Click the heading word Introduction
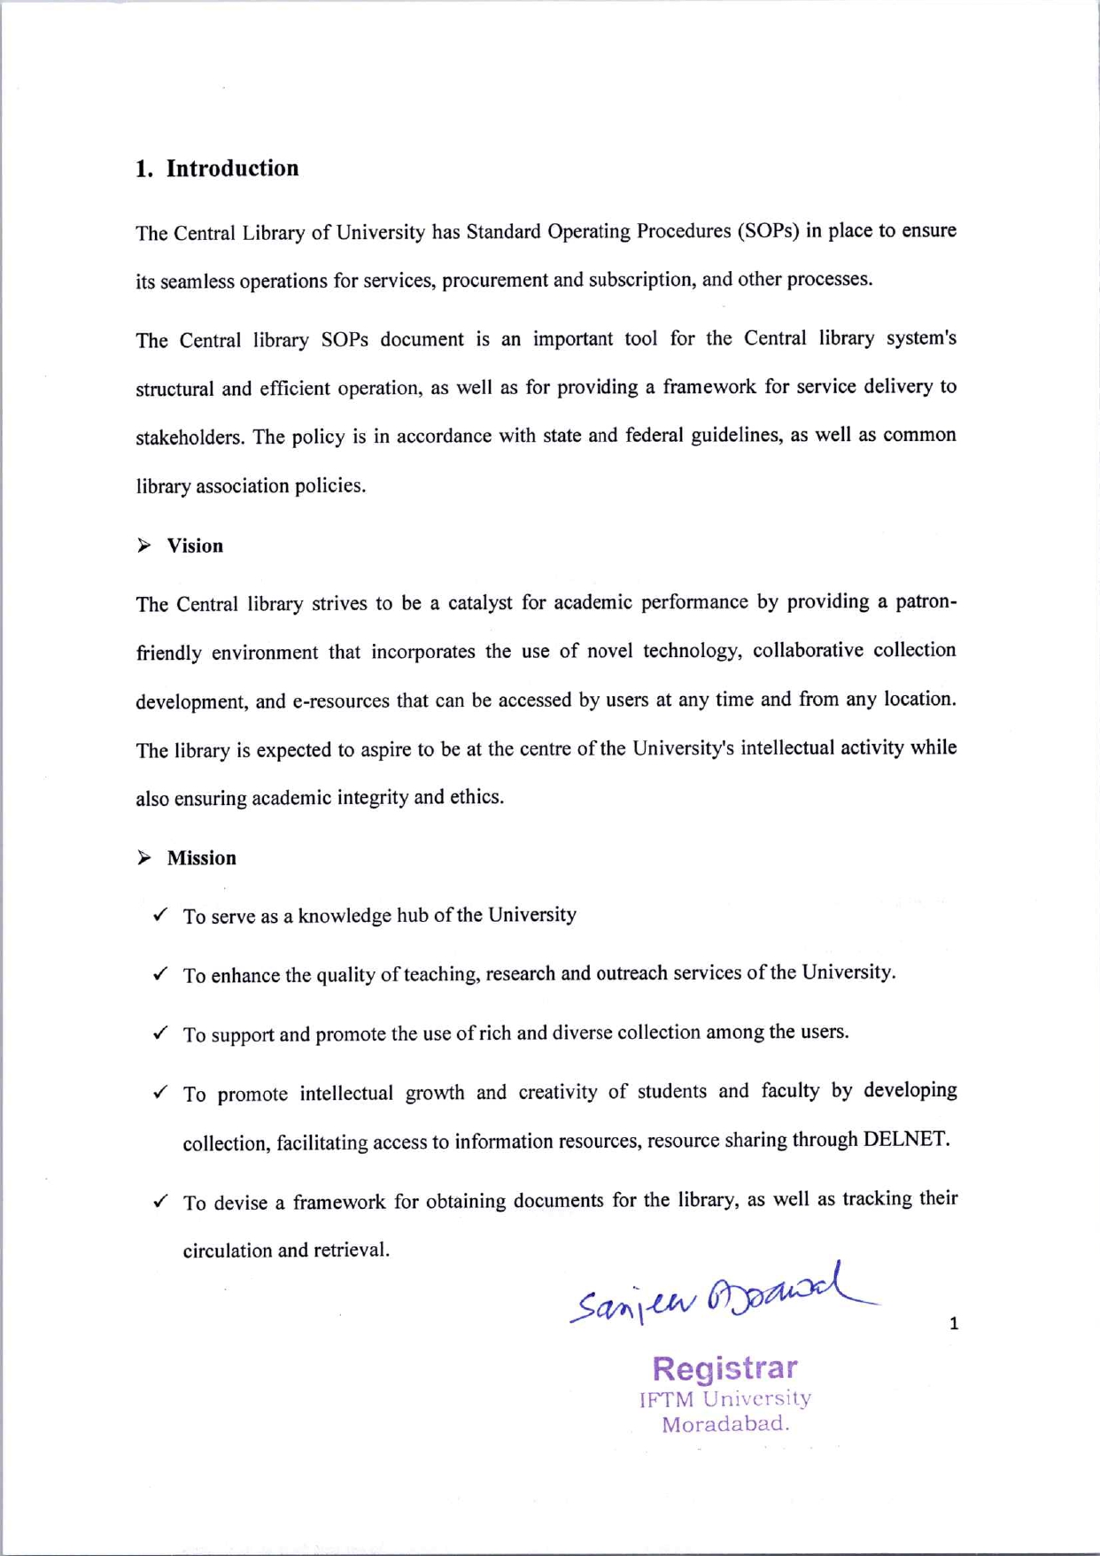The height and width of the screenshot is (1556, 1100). [232, 168]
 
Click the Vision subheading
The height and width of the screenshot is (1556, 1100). [195, 546]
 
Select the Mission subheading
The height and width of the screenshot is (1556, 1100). [202, 858]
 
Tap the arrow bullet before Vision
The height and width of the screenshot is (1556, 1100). [144, 546]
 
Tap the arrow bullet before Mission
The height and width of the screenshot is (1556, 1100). [144, 858]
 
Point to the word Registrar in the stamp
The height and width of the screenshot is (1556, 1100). [724, 1368]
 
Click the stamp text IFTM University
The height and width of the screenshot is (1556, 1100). [724, 1399]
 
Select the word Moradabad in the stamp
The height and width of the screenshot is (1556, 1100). [724, 1425]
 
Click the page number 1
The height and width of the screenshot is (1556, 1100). [954, 1324]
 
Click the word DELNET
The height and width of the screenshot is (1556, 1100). [905, 1139]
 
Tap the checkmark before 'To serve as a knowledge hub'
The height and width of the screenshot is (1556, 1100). [160, 915]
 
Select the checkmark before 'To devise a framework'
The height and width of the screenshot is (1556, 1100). [160, 1202]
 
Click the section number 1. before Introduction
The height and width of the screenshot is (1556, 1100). [144, 169]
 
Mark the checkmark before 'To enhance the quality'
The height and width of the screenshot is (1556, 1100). [160, 974]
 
